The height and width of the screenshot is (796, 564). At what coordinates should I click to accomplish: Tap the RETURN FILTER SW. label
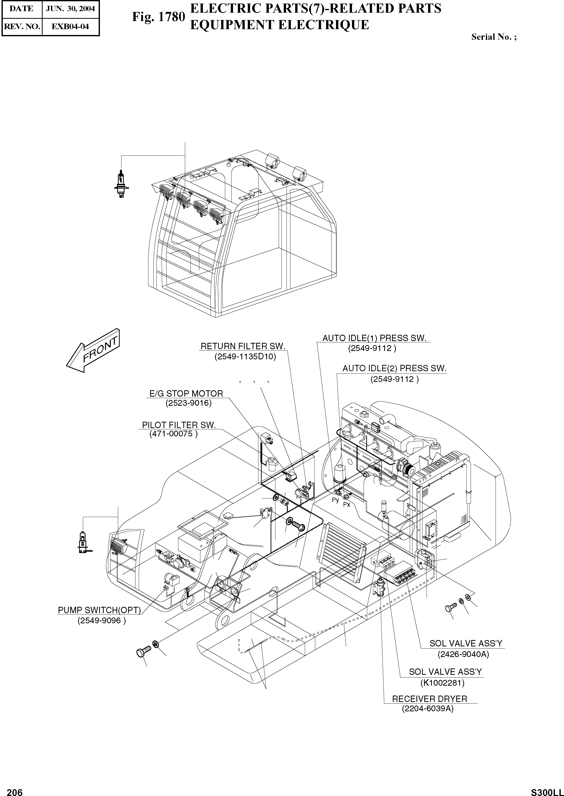click(x=243, y=346)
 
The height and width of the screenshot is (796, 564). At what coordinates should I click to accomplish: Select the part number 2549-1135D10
click(x=245, y=357)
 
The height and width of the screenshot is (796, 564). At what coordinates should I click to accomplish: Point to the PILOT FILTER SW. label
click(x=179, y=425)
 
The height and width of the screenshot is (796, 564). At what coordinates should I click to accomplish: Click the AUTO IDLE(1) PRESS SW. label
click(x=374, y=338)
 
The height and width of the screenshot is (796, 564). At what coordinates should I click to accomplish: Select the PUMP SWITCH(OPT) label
click(x=99, y=610)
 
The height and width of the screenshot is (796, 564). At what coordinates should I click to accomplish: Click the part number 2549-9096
click(x=101, y=620)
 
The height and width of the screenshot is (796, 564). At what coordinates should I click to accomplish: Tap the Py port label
click(x=335, y=500)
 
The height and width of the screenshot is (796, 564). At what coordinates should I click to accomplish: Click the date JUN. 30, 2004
click(x=70, y=9)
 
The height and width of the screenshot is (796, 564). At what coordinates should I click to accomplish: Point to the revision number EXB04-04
click(x=70, y=26)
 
